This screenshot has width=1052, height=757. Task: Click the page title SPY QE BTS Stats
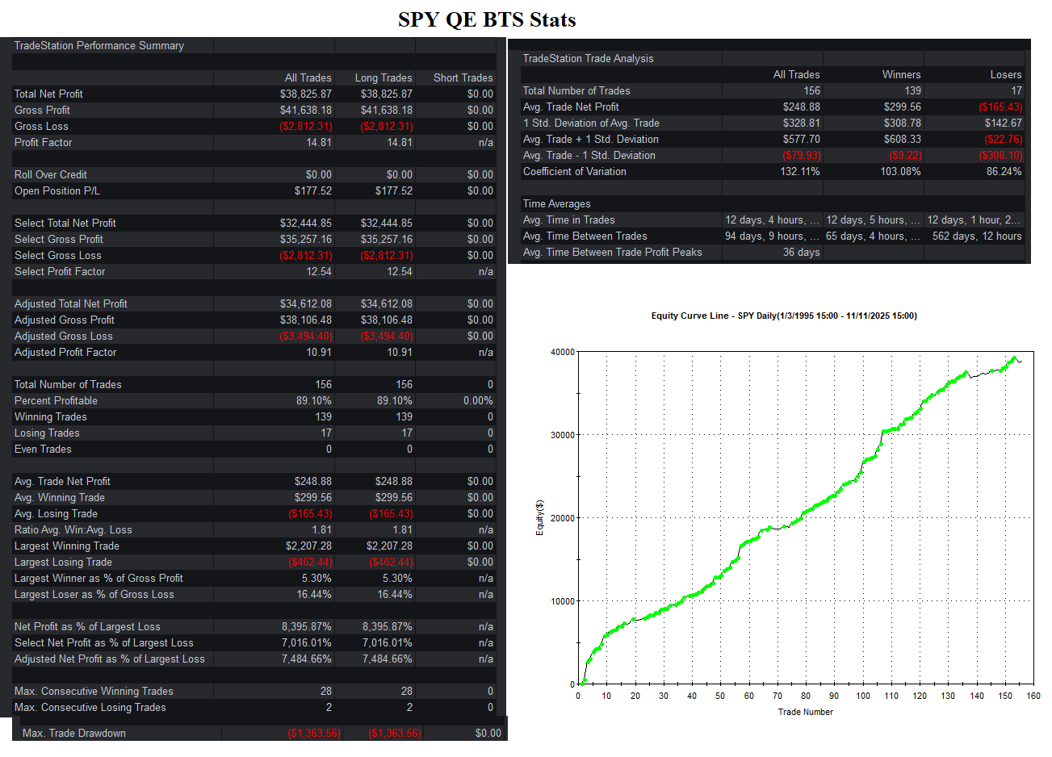[487, 19]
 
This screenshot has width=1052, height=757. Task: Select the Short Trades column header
[463, 77]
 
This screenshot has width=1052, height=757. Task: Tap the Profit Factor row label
[44, 142]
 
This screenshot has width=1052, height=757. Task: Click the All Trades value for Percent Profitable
[314, 400]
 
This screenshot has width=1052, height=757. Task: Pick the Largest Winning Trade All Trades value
[308, 546]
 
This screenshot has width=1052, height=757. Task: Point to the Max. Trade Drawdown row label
[74, 733]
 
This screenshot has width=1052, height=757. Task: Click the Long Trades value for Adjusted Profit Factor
[399, 352]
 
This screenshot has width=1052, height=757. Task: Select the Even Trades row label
[43, 450]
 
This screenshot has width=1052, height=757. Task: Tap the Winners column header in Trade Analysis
[901, 74]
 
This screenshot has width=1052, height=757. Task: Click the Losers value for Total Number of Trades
[1016, 90]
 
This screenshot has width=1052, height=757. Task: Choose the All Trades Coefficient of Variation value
[800, 171]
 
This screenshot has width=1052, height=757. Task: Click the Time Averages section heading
[556, 203]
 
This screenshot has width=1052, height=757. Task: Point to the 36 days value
[801, 252]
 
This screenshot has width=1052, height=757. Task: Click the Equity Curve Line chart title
[784, 316]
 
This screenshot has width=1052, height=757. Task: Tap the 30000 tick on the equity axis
[562, 435]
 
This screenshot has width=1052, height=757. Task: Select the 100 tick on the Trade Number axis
[863, 696]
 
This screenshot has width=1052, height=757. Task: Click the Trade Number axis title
[806, 712]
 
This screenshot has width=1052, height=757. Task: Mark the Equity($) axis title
[539, 517]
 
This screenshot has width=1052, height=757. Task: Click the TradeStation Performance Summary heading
[99, 45]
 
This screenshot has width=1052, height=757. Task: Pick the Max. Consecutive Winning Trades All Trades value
[326, 691]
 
